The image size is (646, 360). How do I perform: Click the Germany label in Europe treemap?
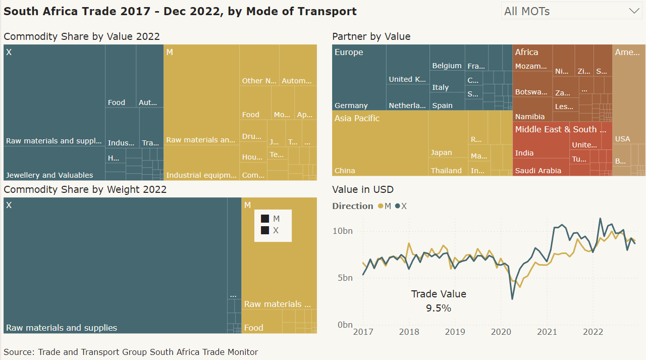(x=351, y=106)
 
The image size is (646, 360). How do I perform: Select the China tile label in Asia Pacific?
(x=345, y=171)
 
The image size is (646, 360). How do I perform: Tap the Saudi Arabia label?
(x=537, y=171)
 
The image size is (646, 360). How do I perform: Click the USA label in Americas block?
(x=622, y=139)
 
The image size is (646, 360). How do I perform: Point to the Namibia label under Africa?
(x=529, y=117)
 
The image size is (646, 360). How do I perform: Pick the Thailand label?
(x=446, y=171)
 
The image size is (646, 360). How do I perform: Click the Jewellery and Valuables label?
(x=49, y=175)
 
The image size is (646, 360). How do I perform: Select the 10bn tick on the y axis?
(x=342, y=231)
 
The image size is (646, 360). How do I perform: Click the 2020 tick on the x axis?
(x=501, y=332)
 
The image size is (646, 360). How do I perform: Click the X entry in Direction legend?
(x=401, y=206)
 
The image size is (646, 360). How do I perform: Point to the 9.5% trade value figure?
(x=438, y=308)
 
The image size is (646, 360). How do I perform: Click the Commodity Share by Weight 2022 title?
(x=85, y=190)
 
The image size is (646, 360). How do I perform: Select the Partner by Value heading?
(x=371, y=36)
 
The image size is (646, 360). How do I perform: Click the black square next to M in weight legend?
(x=264, y=219)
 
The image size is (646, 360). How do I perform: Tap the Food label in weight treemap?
(x=253, y=328)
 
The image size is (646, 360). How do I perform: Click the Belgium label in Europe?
(x=447, y=66)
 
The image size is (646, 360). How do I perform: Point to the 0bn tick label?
(x=345, y=325)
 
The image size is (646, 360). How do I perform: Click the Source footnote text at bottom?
(x=131, y=352)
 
